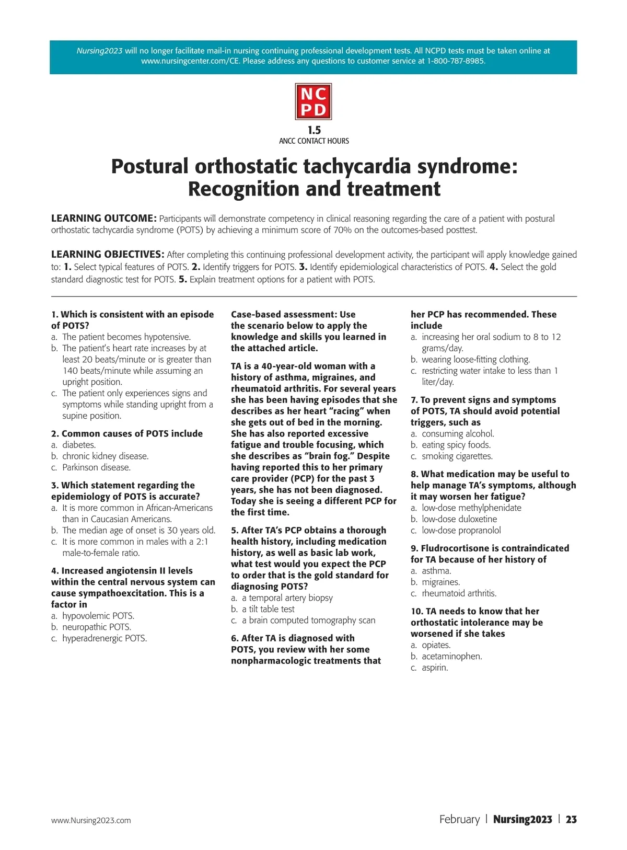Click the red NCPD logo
[313, 101]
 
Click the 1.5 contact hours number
[314, 130]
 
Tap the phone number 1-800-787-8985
[456, 61]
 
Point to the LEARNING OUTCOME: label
[103, 219]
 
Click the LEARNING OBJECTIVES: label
[108, 255]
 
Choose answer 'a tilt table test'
[268, 609]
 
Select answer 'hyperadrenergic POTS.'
[104, 638]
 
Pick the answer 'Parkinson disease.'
[96, 467]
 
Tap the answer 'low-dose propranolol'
[461, 530]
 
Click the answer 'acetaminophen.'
[451, 656]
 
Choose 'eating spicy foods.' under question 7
[456, 445]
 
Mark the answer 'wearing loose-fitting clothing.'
[475, 359]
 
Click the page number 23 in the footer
[571, 820]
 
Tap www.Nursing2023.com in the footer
[91, 820]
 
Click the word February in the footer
[459, 820]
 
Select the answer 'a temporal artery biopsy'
[287, 598]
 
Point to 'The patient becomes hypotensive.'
[126, 337]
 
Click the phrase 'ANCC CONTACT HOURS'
[314, 141]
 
